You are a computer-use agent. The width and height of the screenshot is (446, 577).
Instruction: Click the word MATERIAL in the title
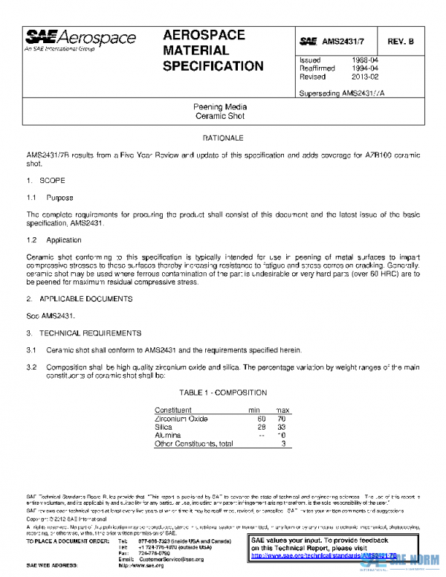coord(195,51)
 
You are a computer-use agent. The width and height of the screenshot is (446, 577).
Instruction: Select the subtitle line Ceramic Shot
coord(219,116)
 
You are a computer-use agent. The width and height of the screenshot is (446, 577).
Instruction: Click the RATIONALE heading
coord(222,138)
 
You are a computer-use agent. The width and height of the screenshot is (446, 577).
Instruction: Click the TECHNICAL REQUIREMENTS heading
coord(88,333)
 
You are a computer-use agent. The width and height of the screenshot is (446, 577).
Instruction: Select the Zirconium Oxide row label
coord(181,419)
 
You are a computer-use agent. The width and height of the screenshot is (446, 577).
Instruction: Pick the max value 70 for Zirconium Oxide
coord(281,419)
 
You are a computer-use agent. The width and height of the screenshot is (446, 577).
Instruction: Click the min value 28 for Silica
coord(260,428)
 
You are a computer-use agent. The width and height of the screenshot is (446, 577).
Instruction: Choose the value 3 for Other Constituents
coord(283,444)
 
